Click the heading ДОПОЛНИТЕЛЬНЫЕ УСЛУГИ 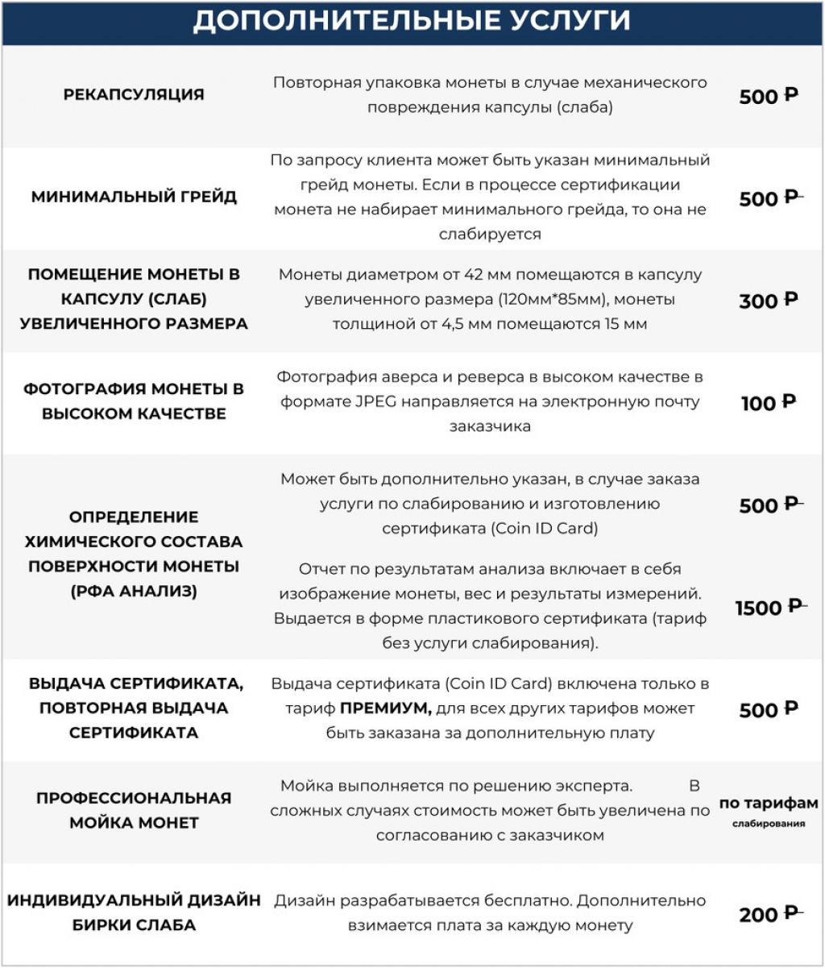[412, 22]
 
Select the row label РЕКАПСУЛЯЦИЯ [134, 94]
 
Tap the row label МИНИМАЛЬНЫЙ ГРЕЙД [134, 197]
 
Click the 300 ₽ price [769, 301]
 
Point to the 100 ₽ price [769, 402]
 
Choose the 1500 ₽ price [770, 607]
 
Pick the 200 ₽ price [769, 914]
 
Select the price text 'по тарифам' [769, 803]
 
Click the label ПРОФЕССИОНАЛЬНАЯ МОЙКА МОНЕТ [134, 810]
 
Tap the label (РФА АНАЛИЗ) [134, 591]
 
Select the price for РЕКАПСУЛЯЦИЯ [769, 96]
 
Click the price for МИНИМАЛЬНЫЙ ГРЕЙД [769, 198]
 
